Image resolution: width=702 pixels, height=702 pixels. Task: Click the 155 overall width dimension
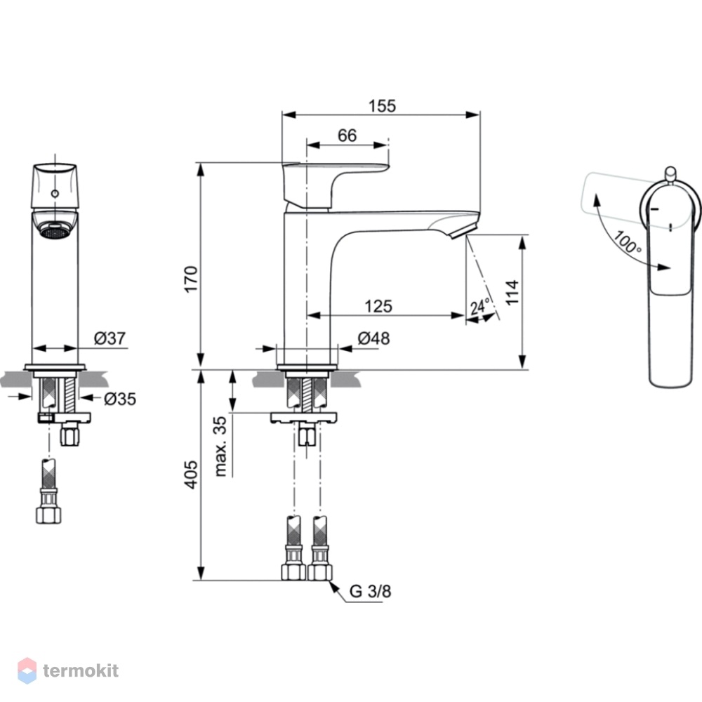pyautogui.click(x=382, y=106)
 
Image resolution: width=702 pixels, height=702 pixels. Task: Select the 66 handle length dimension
pyautogui.click(x=347, y=135)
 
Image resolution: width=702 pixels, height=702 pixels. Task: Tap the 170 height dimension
pyautogui.click(x=191, y=279)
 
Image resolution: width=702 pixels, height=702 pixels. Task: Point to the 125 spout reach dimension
pyautogui.click(x=378, y=306)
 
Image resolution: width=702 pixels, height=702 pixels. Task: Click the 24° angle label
pyautogui.click(x=480, y=307)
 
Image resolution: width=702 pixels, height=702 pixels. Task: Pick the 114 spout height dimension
pyautogui.click(x=512, y=292)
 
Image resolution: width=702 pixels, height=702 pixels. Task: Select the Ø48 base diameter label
pyautogui.click(x=374, y=338)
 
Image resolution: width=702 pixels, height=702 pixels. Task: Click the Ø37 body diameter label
pyautogui.click(x=110, y=338)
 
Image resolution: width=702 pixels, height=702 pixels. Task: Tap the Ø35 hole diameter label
pyautogui.click(x=120, y=399)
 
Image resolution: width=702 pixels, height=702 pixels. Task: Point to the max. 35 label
pyautogui.click(x=220, y=446)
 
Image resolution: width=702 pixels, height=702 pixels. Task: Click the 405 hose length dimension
pyautogui.click(x=191, y=474)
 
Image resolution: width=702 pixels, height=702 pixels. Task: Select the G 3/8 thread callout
pyautogui.click(x=370, y=591)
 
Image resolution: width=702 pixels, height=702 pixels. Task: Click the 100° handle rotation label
pyautogui.click(x=627, y=241)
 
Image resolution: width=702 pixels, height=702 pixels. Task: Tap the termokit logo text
pyautogui.click(x=81, y=670)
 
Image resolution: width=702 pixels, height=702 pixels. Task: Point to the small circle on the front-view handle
pyautogui.click(x=55, y=194)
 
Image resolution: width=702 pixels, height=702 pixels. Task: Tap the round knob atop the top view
pyautogui.click(x=670, y=175)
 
